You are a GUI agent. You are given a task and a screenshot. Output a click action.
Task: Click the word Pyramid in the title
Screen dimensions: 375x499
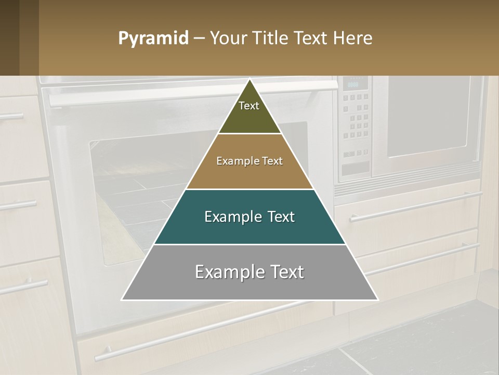coord(153,39)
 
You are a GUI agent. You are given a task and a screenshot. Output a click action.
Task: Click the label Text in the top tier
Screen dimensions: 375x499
coord(249,106)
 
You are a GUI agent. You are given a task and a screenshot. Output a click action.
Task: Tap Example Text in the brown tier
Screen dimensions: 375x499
coord(249,161)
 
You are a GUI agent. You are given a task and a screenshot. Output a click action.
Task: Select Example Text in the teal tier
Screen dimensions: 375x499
coord(249,217)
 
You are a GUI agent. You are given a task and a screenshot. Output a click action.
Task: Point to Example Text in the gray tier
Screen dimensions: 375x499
coord(249,272)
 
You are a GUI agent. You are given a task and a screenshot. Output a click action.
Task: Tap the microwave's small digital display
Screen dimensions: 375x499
coord(353,84)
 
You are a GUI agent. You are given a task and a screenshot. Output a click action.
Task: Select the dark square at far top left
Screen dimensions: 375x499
coord(9,37)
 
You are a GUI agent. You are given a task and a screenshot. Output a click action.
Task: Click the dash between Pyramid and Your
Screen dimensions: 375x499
coord(199,39)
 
